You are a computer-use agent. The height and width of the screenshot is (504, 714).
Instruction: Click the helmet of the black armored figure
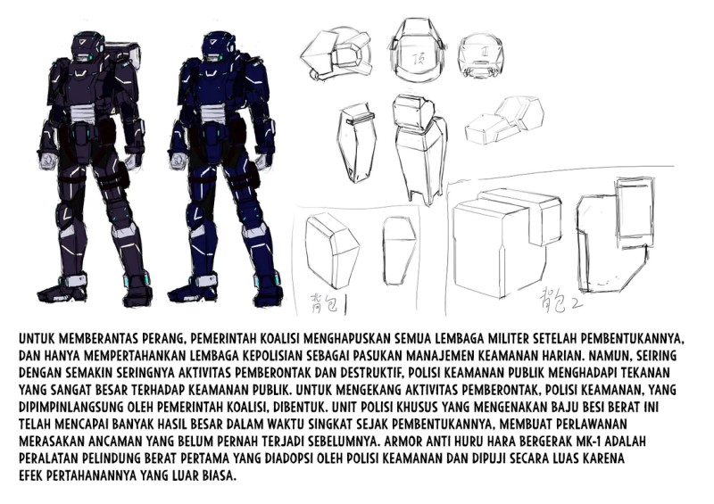click(87, 45)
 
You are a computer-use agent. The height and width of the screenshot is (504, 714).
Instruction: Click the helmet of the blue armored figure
click(213, 45)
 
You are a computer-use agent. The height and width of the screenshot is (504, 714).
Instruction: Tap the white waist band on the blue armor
click(214, 113)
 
